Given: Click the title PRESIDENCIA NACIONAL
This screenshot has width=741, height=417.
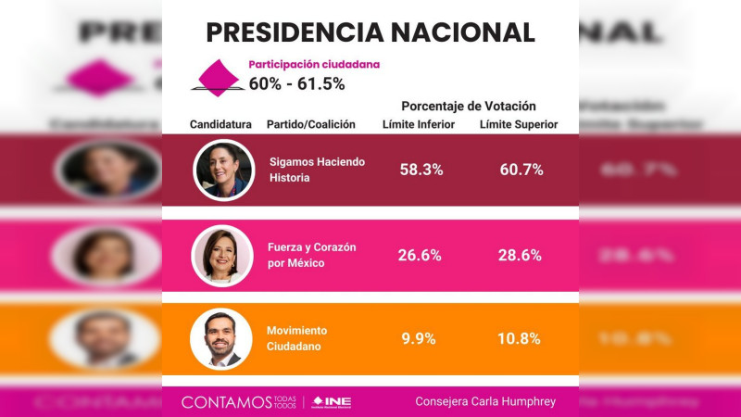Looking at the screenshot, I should tap(370, 32).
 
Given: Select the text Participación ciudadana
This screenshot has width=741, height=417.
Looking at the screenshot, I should tap(314, 65).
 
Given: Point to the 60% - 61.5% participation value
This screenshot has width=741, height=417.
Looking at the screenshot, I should tap(296, 83).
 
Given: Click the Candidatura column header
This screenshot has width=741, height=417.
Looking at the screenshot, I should tap(220, 124).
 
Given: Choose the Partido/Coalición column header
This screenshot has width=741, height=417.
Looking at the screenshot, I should tap(310, 124).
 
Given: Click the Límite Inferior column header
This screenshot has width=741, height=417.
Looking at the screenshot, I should tap(419, 124).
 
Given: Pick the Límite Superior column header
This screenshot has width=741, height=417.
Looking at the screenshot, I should tap(519, 124).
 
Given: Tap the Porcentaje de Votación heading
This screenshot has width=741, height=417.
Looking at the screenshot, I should tap(469, 106).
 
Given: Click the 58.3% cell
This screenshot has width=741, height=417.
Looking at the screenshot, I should tap(421, 170).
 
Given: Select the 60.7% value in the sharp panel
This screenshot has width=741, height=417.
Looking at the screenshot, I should tap(520, 170).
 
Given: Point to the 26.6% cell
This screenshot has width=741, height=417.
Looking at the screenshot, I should tap(420, 255).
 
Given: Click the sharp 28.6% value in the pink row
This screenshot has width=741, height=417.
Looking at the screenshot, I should tap(520, 255).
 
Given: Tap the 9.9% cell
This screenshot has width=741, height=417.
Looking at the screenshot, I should tap(419, 338).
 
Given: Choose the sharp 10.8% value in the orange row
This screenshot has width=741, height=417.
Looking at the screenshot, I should tap(519, 338).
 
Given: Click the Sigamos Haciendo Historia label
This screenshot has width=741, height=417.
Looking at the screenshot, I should tap(317, 169).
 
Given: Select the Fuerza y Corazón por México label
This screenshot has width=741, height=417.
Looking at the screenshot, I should tap(311, 255).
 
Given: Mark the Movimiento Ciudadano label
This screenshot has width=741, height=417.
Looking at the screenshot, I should tap(296, 338).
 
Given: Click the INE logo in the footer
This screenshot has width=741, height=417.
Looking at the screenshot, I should tap(332, 402).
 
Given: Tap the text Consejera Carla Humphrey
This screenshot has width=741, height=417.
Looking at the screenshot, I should tap(484, 402).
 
